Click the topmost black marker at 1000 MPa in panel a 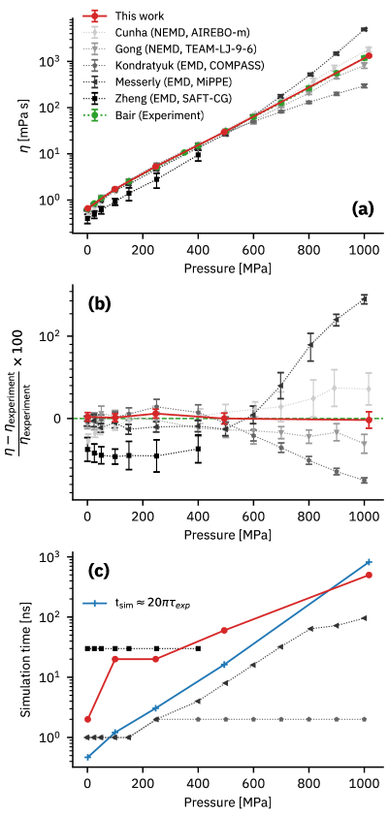(x=364, y=29)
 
